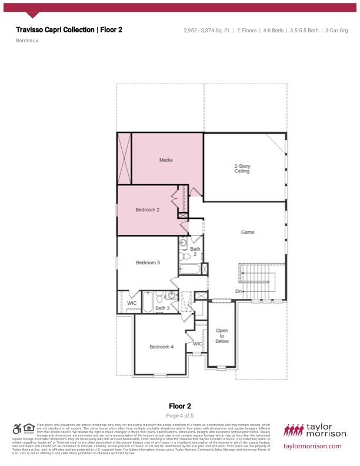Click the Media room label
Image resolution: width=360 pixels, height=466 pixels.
166,159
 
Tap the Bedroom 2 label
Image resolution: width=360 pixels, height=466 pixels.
148,210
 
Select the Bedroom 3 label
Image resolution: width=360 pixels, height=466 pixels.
148,262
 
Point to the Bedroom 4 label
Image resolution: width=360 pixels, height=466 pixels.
161,347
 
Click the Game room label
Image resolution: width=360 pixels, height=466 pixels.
248,232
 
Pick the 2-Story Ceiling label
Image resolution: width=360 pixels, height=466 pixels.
242,169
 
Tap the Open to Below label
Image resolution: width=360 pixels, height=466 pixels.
222,336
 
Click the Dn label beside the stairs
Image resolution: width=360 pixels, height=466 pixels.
239,291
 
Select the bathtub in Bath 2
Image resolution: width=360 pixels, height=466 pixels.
190,269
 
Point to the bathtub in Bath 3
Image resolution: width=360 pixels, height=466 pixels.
147,303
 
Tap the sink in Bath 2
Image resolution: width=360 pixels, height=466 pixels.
183,242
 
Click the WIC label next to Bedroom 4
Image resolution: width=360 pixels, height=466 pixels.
198,344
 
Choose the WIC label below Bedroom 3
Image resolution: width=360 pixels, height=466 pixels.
132,303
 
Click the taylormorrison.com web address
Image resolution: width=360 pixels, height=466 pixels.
312,446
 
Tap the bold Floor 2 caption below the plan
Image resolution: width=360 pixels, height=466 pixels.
180,406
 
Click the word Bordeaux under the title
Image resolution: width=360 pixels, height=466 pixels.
27,41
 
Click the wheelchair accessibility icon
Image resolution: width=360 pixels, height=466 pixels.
17,429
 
